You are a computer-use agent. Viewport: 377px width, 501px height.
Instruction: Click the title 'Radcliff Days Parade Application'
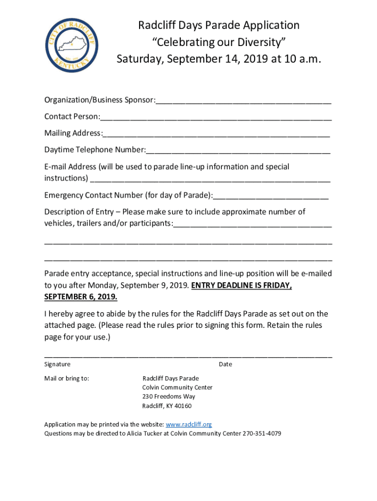click(x=218, y=25)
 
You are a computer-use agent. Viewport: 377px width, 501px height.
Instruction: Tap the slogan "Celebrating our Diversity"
click(x=218, y=42)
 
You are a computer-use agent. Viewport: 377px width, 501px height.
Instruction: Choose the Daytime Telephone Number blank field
click(x=238, y=150)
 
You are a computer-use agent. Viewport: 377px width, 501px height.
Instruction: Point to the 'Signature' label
click(x=57, y=364)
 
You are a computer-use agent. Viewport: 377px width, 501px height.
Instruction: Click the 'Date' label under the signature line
click(x=225, y=364)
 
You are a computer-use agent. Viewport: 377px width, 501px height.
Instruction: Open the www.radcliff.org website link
click(x=189, y=425)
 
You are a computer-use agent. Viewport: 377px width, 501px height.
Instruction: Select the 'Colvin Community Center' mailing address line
click(x=177, y=387)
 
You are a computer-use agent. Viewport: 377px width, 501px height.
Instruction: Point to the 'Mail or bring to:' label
click(x=67, y=378)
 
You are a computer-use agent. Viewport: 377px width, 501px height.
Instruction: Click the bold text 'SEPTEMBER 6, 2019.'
click(x=81, y=297)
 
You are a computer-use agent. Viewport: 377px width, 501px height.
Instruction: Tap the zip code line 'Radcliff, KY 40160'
click(x=167, y=406)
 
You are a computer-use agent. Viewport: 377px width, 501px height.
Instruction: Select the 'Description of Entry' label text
click(x=80, y=212)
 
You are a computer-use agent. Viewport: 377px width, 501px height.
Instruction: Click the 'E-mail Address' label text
click(x=71, y=167)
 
